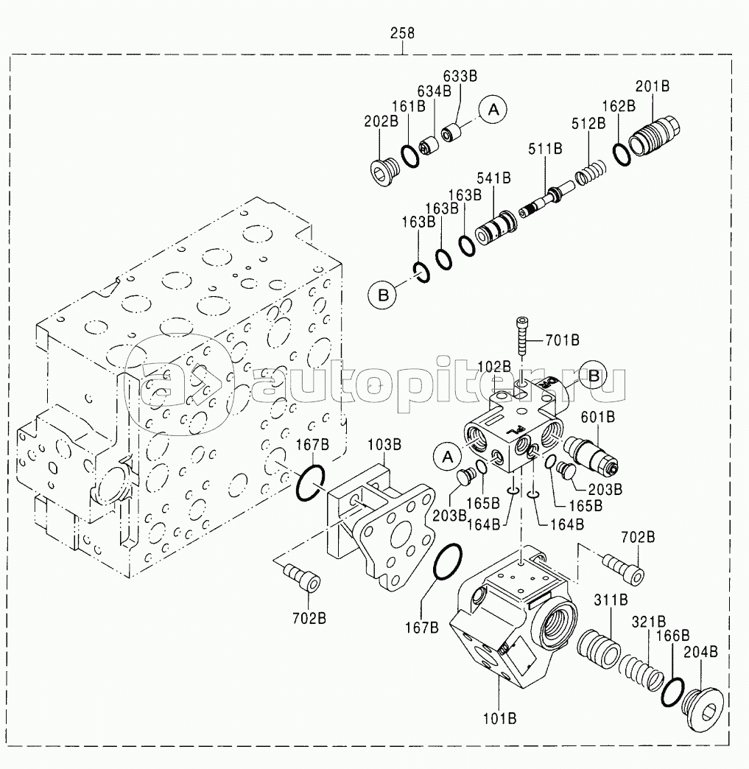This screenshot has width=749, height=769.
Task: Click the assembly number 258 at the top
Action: (x=402, y=33)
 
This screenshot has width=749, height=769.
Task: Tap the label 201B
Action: (x=653, y=86)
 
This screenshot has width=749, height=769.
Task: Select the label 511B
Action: (x=545, y=149)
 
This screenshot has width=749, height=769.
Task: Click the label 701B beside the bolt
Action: (x=562, y=340)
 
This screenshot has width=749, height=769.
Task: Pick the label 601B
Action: (x=597, y=417)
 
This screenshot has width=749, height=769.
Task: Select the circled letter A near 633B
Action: (x=493, y=110)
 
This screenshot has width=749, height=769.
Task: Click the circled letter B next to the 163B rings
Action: (x=381, y=295)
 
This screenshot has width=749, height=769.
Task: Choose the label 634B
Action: (x=435, y=91)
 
